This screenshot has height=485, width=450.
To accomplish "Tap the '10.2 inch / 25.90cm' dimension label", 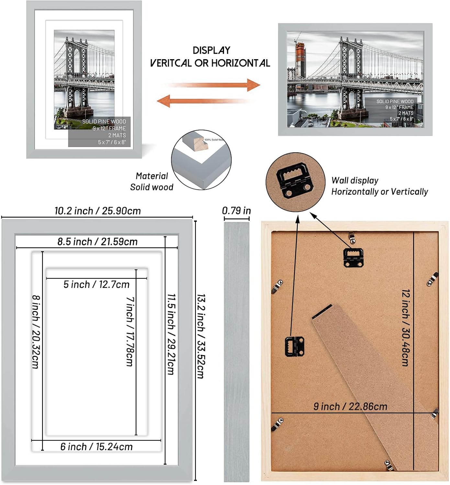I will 97,211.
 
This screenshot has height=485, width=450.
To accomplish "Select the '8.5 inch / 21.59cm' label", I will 97,242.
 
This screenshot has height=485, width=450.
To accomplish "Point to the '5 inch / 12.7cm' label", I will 96,284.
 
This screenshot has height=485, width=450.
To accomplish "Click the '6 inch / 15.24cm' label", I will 96,447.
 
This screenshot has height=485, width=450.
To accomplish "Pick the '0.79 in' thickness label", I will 236,210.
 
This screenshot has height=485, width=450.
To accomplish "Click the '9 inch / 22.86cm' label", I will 350,406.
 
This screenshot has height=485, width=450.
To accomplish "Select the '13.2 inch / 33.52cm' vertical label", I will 201,336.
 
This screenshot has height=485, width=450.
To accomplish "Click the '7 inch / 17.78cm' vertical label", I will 130,331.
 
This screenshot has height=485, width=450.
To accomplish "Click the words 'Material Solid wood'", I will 152,181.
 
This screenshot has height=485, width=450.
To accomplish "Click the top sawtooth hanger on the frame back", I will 353,258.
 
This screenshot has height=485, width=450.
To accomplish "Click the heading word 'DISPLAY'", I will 211,50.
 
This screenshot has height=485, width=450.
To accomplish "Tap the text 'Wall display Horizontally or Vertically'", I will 379,186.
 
